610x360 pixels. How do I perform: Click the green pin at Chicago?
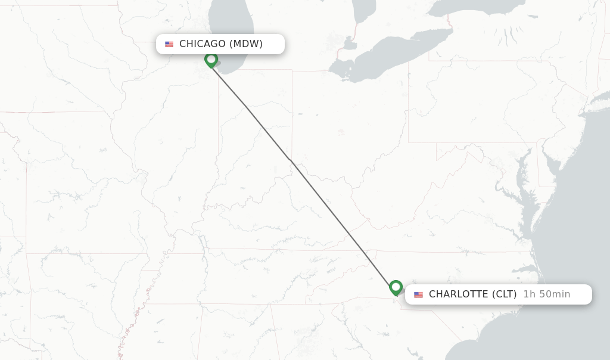[x=211, y=60]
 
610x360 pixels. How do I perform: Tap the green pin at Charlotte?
[x=396, y=287]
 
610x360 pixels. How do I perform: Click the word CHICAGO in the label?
[x=203, y=44]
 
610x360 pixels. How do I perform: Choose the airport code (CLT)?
[x=504, y=294]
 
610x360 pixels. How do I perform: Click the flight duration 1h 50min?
[x=547, y=294]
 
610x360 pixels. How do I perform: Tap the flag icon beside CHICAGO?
[x=169, y=44]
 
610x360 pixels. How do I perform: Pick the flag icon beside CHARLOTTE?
[x=418, y=294]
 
